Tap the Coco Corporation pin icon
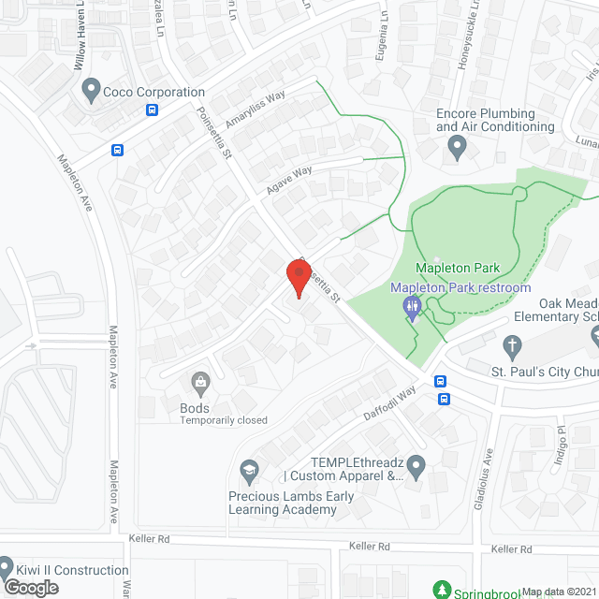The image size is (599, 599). [91, 92]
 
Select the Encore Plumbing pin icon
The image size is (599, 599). [457, 146]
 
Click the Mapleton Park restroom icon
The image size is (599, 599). [412, 306]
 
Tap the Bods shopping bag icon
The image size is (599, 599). [199, 381]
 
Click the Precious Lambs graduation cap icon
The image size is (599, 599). [249, 469]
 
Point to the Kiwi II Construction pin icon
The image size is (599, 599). [6, 568]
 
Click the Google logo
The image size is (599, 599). [31, 587]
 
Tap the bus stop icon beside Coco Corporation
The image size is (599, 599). [152, 110]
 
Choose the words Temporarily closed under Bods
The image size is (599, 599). [223, 420]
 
